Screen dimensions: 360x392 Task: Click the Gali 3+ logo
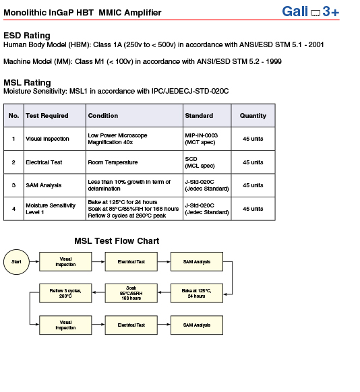click(311, 11)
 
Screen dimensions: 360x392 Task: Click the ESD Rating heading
click(27, 36)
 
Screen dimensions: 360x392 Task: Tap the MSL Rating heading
click(27, 82)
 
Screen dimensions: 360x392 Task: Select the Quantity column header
click(253, 115)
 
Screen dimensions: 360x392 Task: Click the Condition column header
click(134, 115)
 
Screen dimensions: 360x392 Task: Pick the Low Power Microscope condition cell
click(134, 139)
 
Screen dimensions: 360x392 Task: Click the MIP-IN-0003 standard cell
click(207, 139)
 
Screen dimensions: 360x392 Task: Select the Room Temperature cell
click(134, 162)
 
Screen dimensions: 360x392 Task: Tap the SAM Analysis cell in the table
click(55, 185)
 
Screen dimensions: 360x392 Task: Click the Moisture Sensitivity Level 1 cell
click(55, 209)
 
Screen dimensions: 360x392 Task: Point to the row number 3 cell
click(13, 185)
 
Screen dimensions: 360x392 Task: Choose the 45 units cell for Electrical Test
click(253, 162)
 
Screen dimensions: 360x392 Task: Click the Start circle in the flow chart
click(16, 262)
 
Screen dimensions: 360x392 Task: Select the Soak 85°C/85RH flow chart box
click(131, 293)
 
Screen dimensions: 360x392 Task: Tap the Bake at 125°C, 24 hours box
click(197, 293)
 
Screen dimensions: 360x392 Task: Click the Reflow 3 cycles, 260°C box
click(65, 293)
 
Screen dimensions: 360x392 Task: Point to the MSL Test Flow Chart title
click(117, 240)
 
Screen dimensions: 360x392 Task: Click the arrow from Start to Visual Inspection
click(34, 261)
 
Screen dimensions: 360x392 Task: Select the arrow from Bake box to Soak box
click(164, 292)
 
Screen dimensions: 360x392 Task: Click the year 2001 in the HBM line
click(316, 44)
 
